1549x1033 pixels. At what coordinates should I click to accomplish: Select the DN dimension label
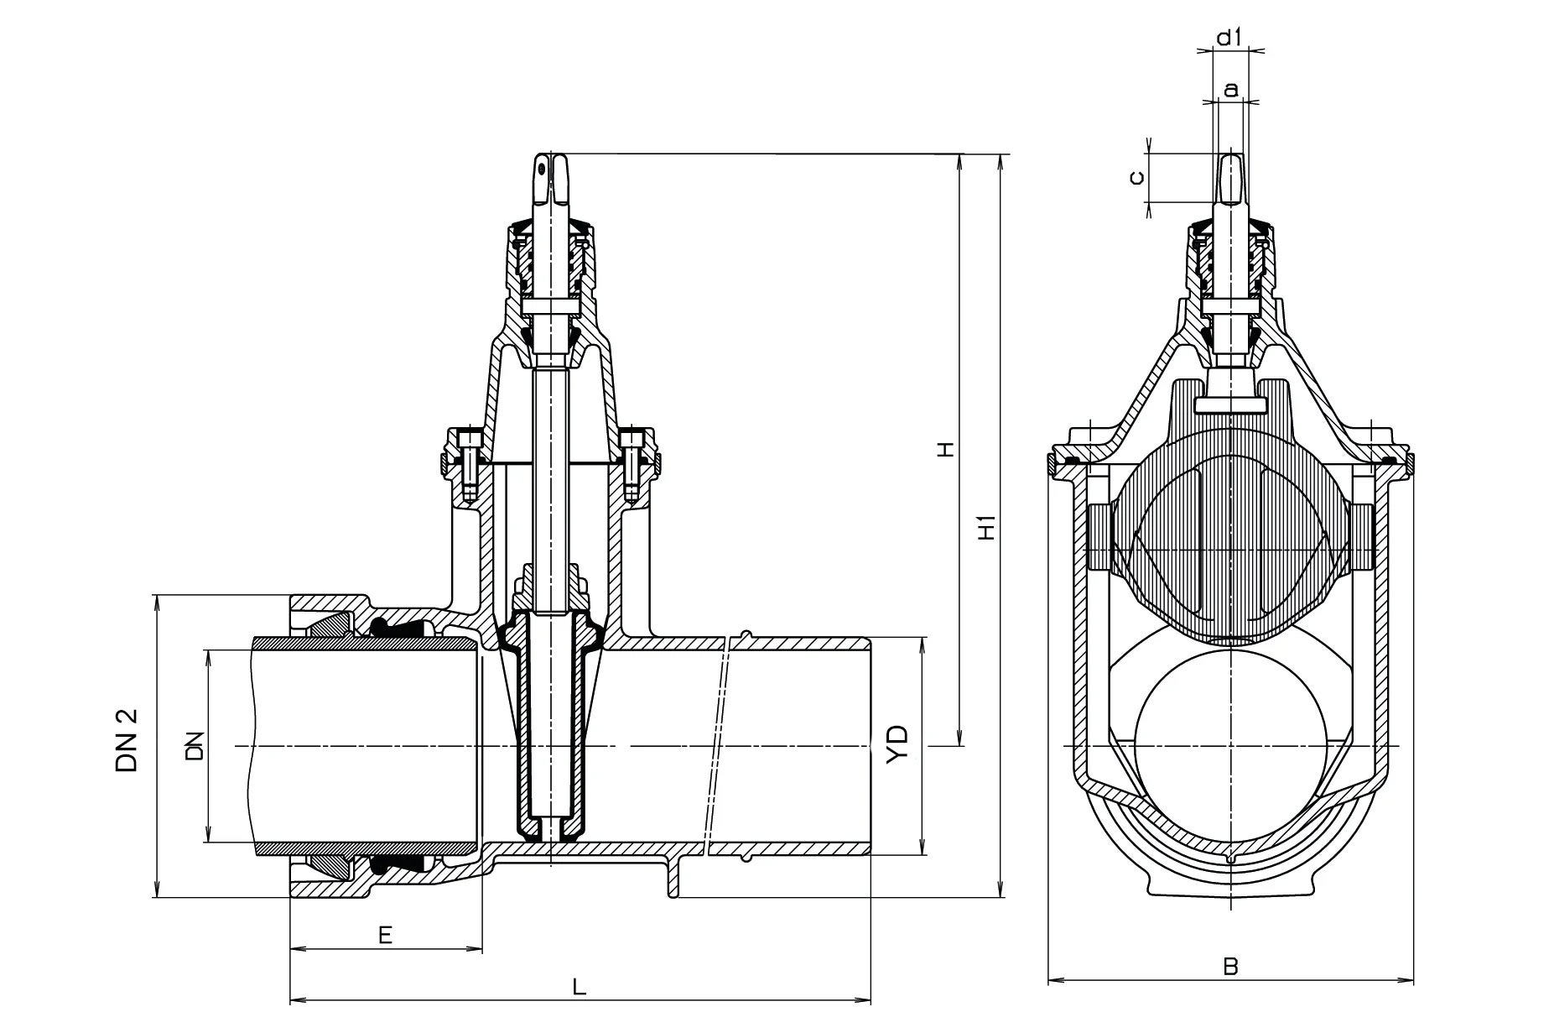(195, 745)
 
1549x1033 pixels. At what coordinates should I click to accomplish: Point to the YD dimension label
(898, 744)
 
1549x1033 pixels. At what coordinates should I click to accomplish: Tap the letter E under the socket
(385, 935)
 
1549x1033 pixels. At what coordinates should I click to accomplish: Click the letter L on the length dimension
(579, 987)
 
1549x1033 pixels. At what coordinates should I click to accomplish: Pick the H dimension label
(947, 450)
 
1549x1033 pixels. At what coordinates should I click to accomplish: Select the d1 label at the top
(1229, 37)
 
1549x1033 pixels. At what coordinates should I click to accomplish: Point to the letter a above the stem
(1230, 88)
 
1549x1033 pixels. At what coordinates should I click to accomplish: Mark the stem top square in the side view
(550, 178)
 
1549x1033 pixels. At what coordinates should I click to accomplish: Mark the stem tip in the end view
(1230, 178)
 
